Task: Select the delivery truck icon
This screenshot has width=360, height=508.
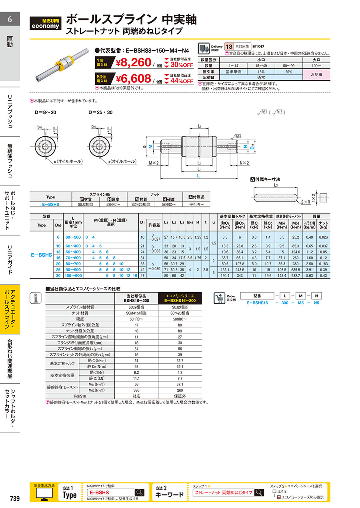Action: (x=204, y=48)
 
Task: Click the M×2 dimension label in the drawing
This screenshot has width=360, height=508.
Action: (x=154, y=163)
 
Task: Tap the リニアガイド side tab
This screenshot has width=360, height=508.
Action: (x=10, y=260)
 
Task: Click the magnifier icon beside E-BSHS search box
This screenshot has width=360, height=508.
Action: (x=139, y=492)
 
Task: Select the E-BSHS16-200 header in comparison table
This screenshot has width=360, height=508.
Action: (x=181, y=300)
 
